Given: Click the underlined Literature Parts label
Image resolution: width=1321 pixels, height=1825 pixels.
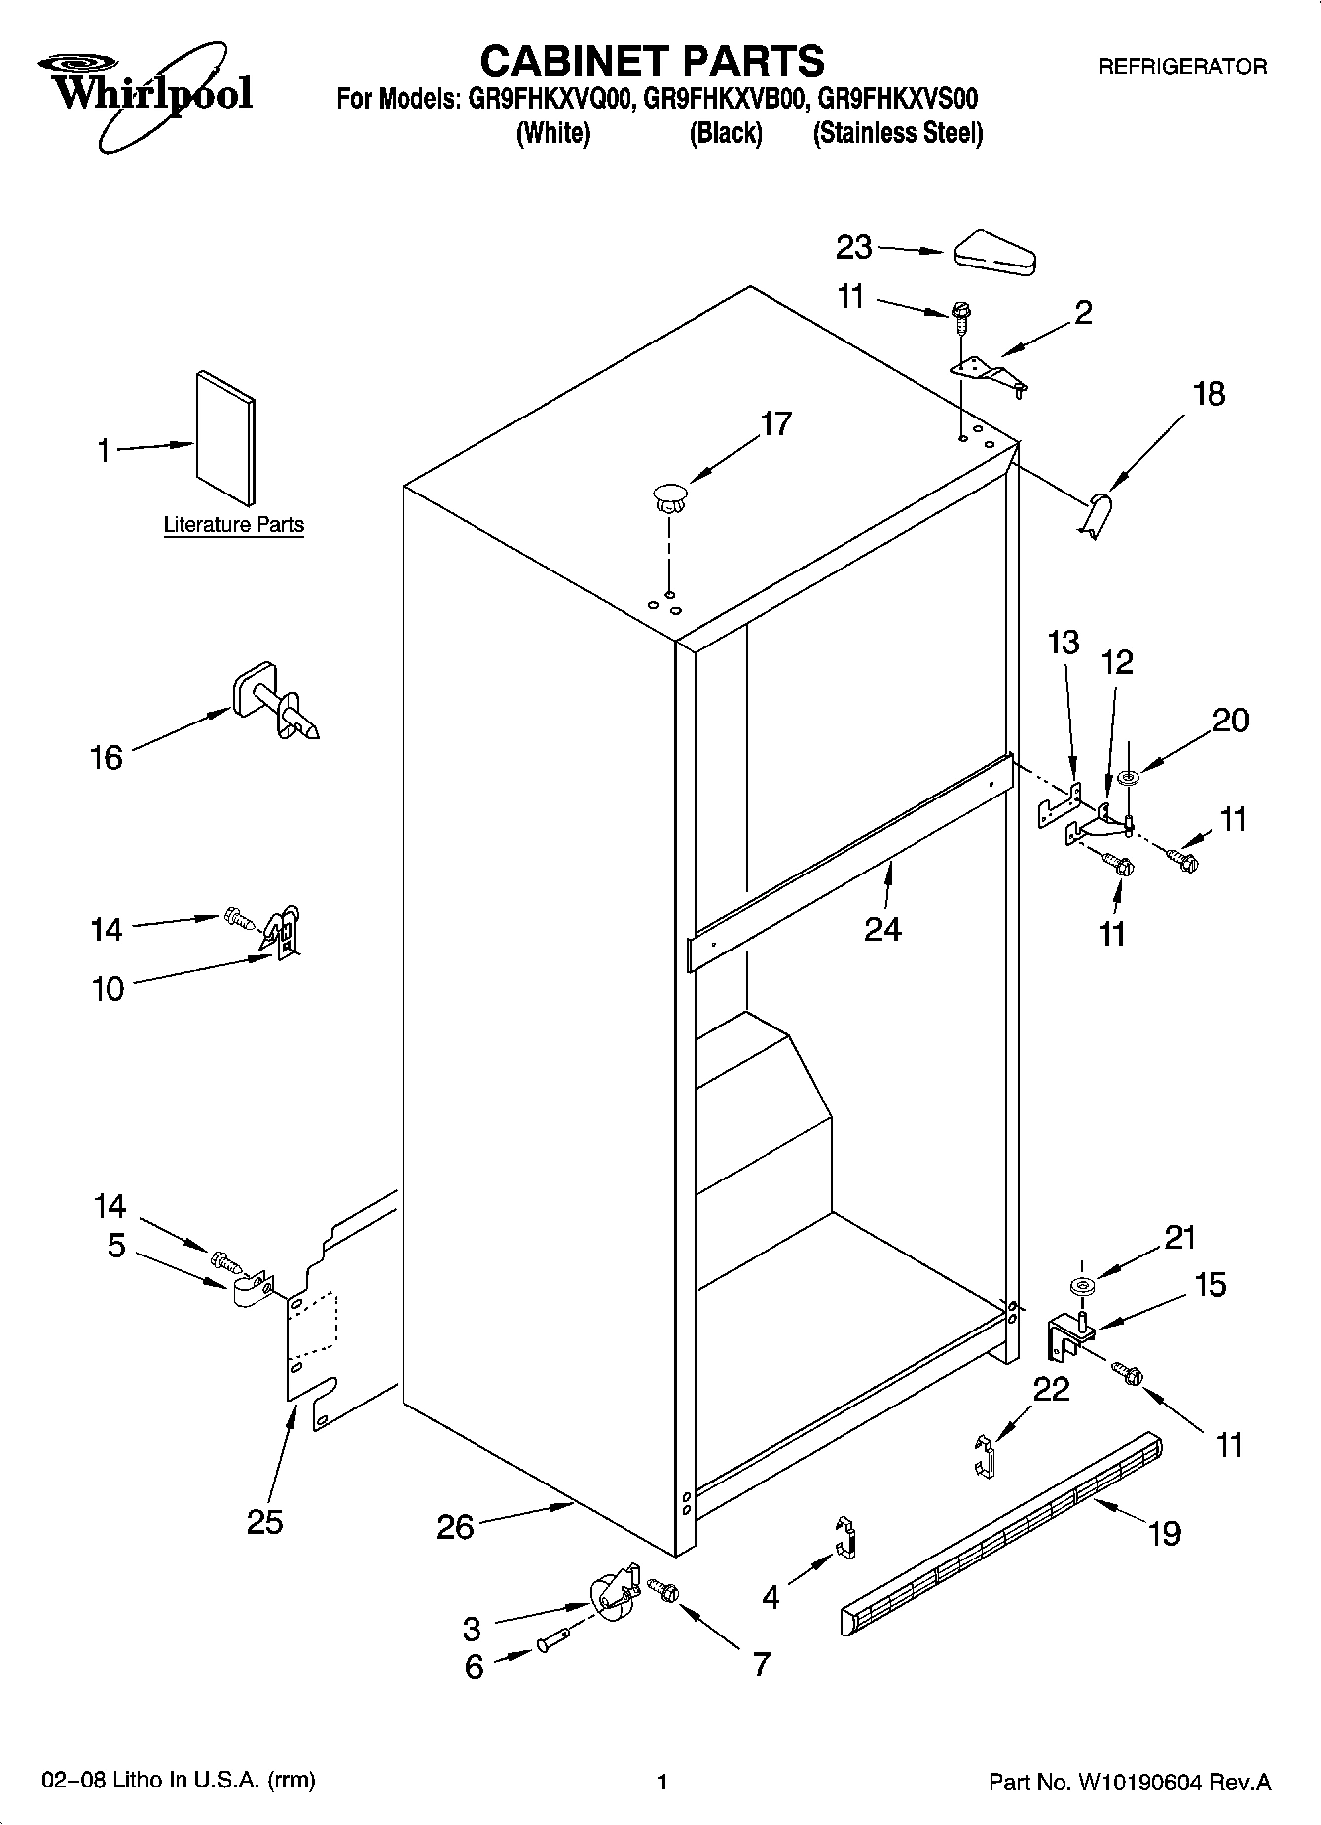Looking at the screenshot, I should (233, 525).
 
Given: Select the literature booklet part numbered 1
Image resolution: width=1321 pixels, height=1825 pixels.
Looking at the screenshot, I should (227, 437).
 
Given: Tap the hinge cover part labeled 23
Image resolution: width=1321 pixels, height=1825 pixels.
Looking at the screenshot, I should (992, 253).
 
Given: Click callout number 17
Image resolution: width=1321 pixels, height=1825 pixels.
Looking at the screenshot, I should (775, 424).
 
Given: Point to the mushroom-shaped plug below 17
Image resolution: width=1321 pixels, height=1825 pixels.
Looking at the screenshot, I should (669, 496).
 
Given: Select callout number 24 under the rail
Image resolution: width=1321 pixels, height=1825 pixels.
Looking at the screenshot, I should (882, 929).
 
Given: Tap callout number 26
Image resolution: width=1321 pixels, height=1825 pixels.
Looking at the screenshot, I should (455, 1527).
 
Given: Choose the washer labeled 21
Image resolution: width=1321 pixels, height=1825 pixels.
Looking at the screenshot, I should (1081, 1287).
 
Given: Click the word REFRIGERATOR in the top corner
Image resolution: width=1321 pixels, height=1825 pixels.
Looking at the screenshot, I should (1182, 67).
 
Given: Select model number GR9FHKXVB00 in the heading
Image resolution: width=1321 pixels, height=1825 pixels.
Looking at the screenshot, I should (727, 99).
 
